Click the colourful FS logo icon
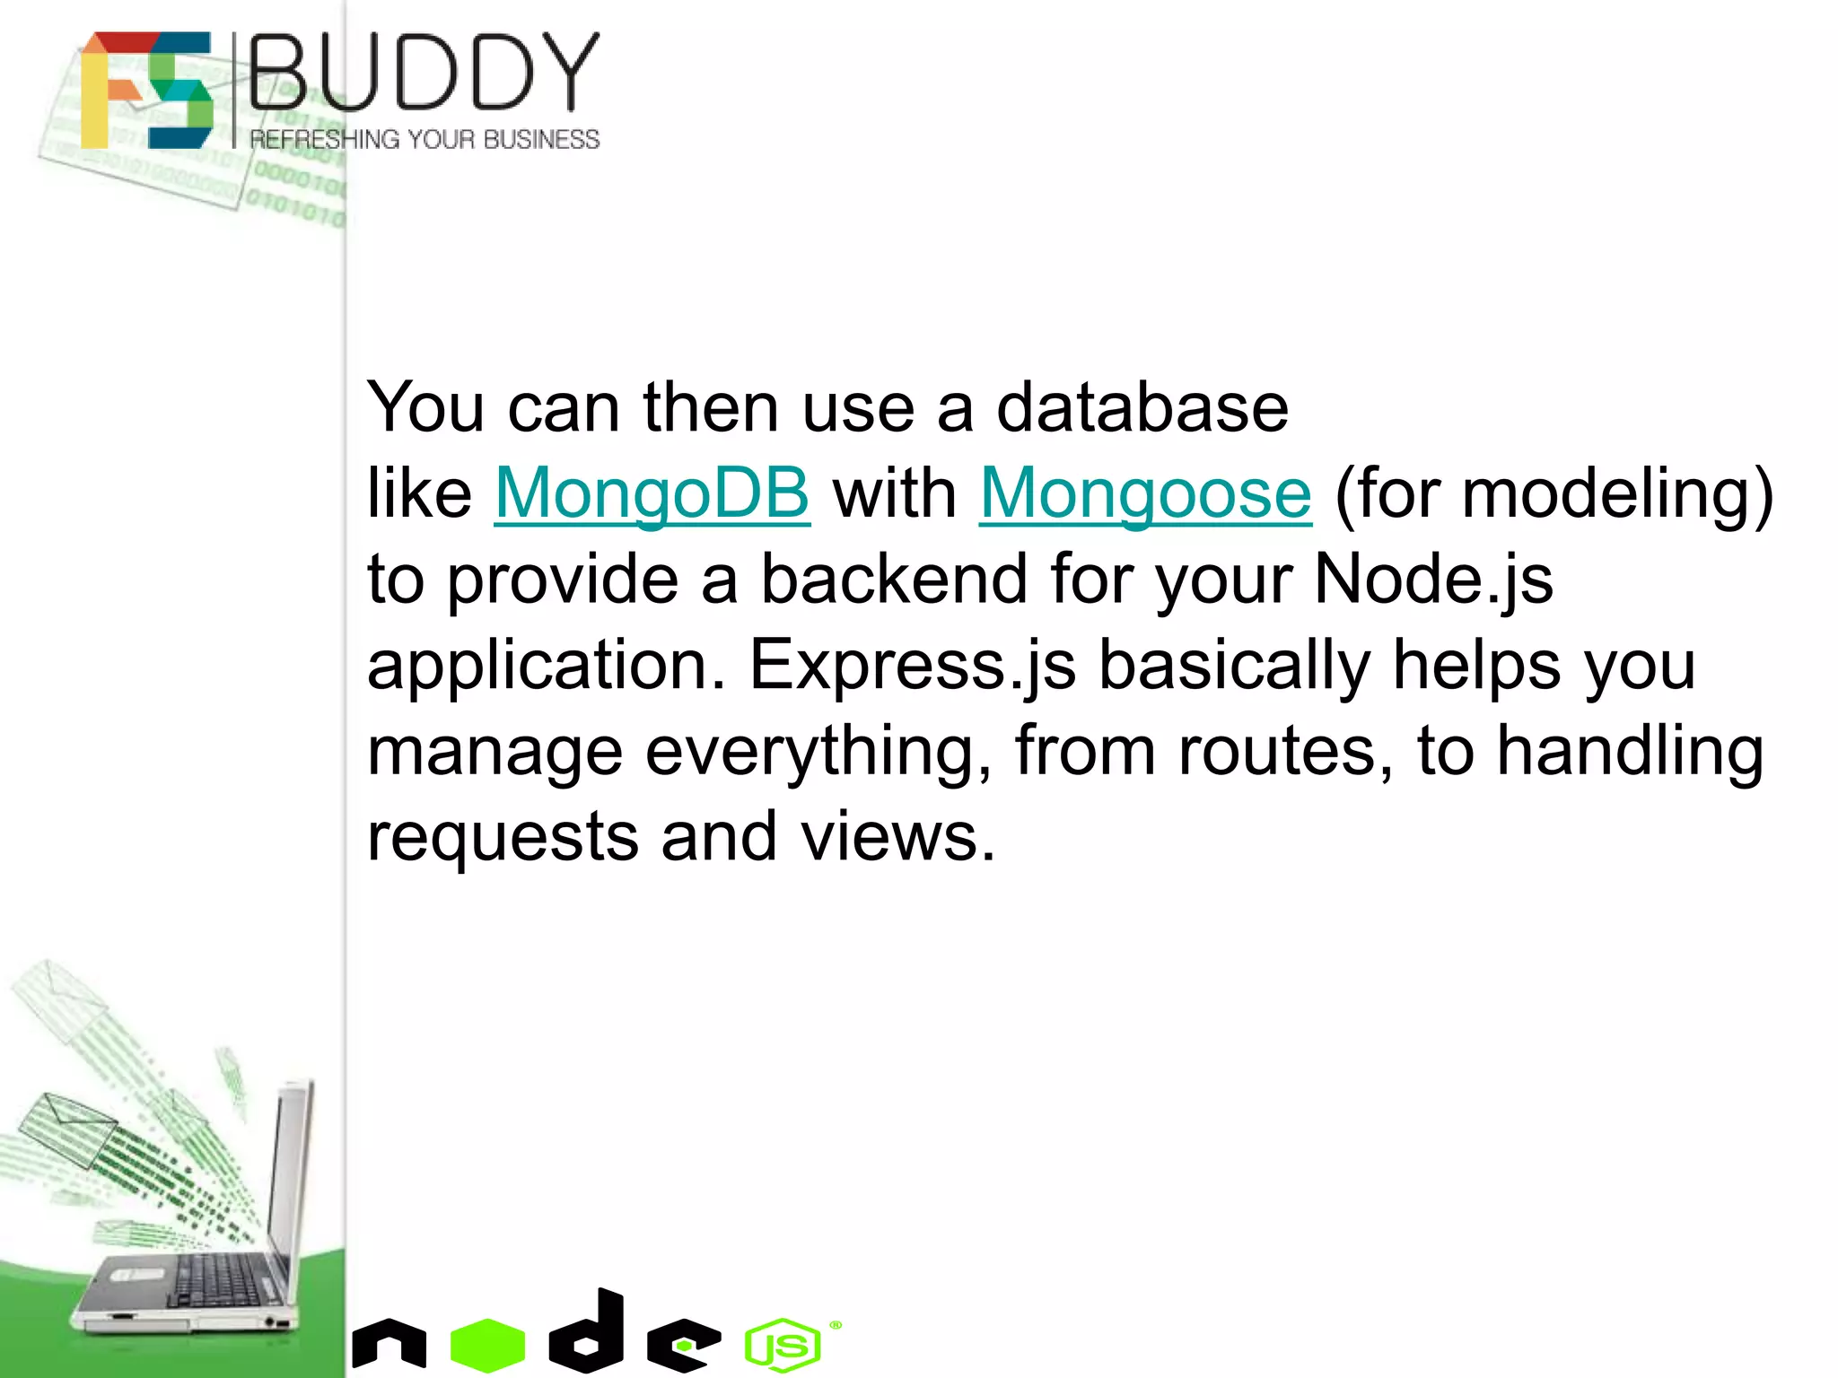pos(147,90)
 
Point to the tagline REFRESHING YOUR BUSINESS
pos(424,139)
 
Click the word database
pos(1142,407)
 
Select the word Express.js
pos(912,665)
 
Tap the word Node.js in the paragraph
pos(1433,579)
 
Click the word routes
pos(1285,750)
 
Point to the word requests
pos(503,836)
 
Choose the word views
pos(897,836)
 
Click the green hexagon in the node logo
pos(487,1345)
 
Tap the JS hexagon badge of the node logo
pos(783,1345)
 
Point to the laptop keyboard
pos(220,1278)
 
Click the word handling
pos(1629,750)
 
